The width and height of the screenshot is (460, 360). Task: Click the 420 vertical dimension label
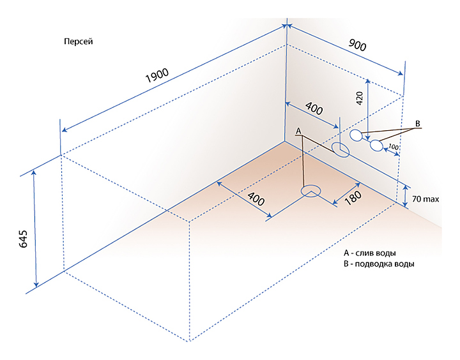359,98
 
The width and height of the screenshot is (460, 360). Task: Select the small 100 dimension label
394,147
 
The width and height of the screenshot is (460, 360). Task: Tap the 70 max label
425,200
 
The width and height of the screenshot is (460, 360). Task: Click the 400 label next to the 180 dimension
256,200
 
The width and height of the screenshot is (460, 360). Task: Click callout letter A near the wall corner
298,130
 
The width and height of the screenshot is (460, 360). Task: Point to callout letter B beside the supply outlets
418,123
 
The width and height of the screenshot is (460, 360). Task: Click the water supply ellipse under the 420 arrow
356,135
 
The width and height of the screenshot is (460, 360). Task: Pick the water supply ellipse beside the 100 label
377,146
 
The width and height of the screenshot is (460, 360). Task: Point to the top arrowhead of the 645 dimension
35,174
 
